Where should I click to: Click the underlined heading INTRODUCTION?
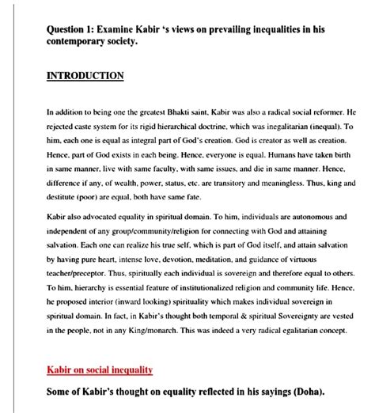(x=85, y=76)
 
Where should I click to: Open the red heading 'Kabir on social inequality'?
(x=100, y=369)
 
